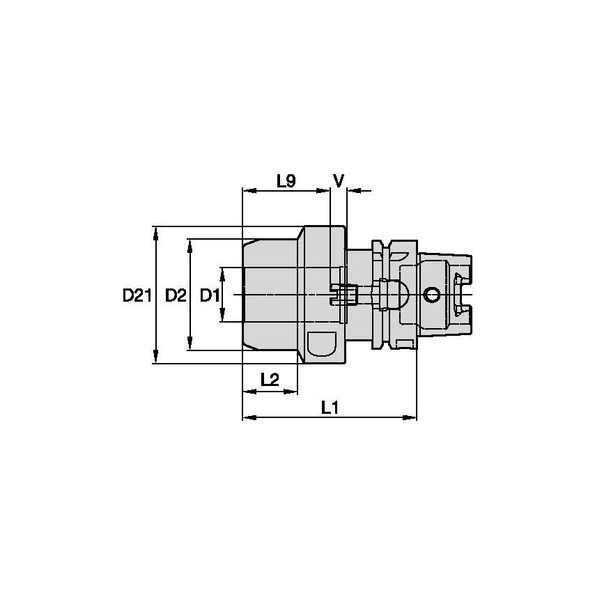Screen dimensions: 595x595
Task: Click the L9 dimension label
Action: coord(286,181)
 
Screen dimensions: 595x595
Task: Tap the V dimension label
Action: coord(339,181)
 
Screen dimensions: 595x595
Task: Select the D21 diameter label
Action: coord(137,295)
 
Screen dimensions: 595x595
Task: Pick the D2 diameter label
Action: coord(176,295)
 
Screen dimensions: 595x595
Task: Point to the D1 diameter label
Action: coord(209,295)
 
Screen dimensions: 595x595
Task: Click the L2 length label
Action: coord(270,379)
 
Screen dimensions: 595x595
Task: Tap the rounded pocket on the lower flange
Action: coord(321,346)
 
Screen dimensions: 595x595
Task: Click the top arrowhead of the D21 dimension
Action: coord(155,231)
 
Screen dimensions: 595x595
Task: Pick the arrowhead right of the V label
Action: coord(352,190)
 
